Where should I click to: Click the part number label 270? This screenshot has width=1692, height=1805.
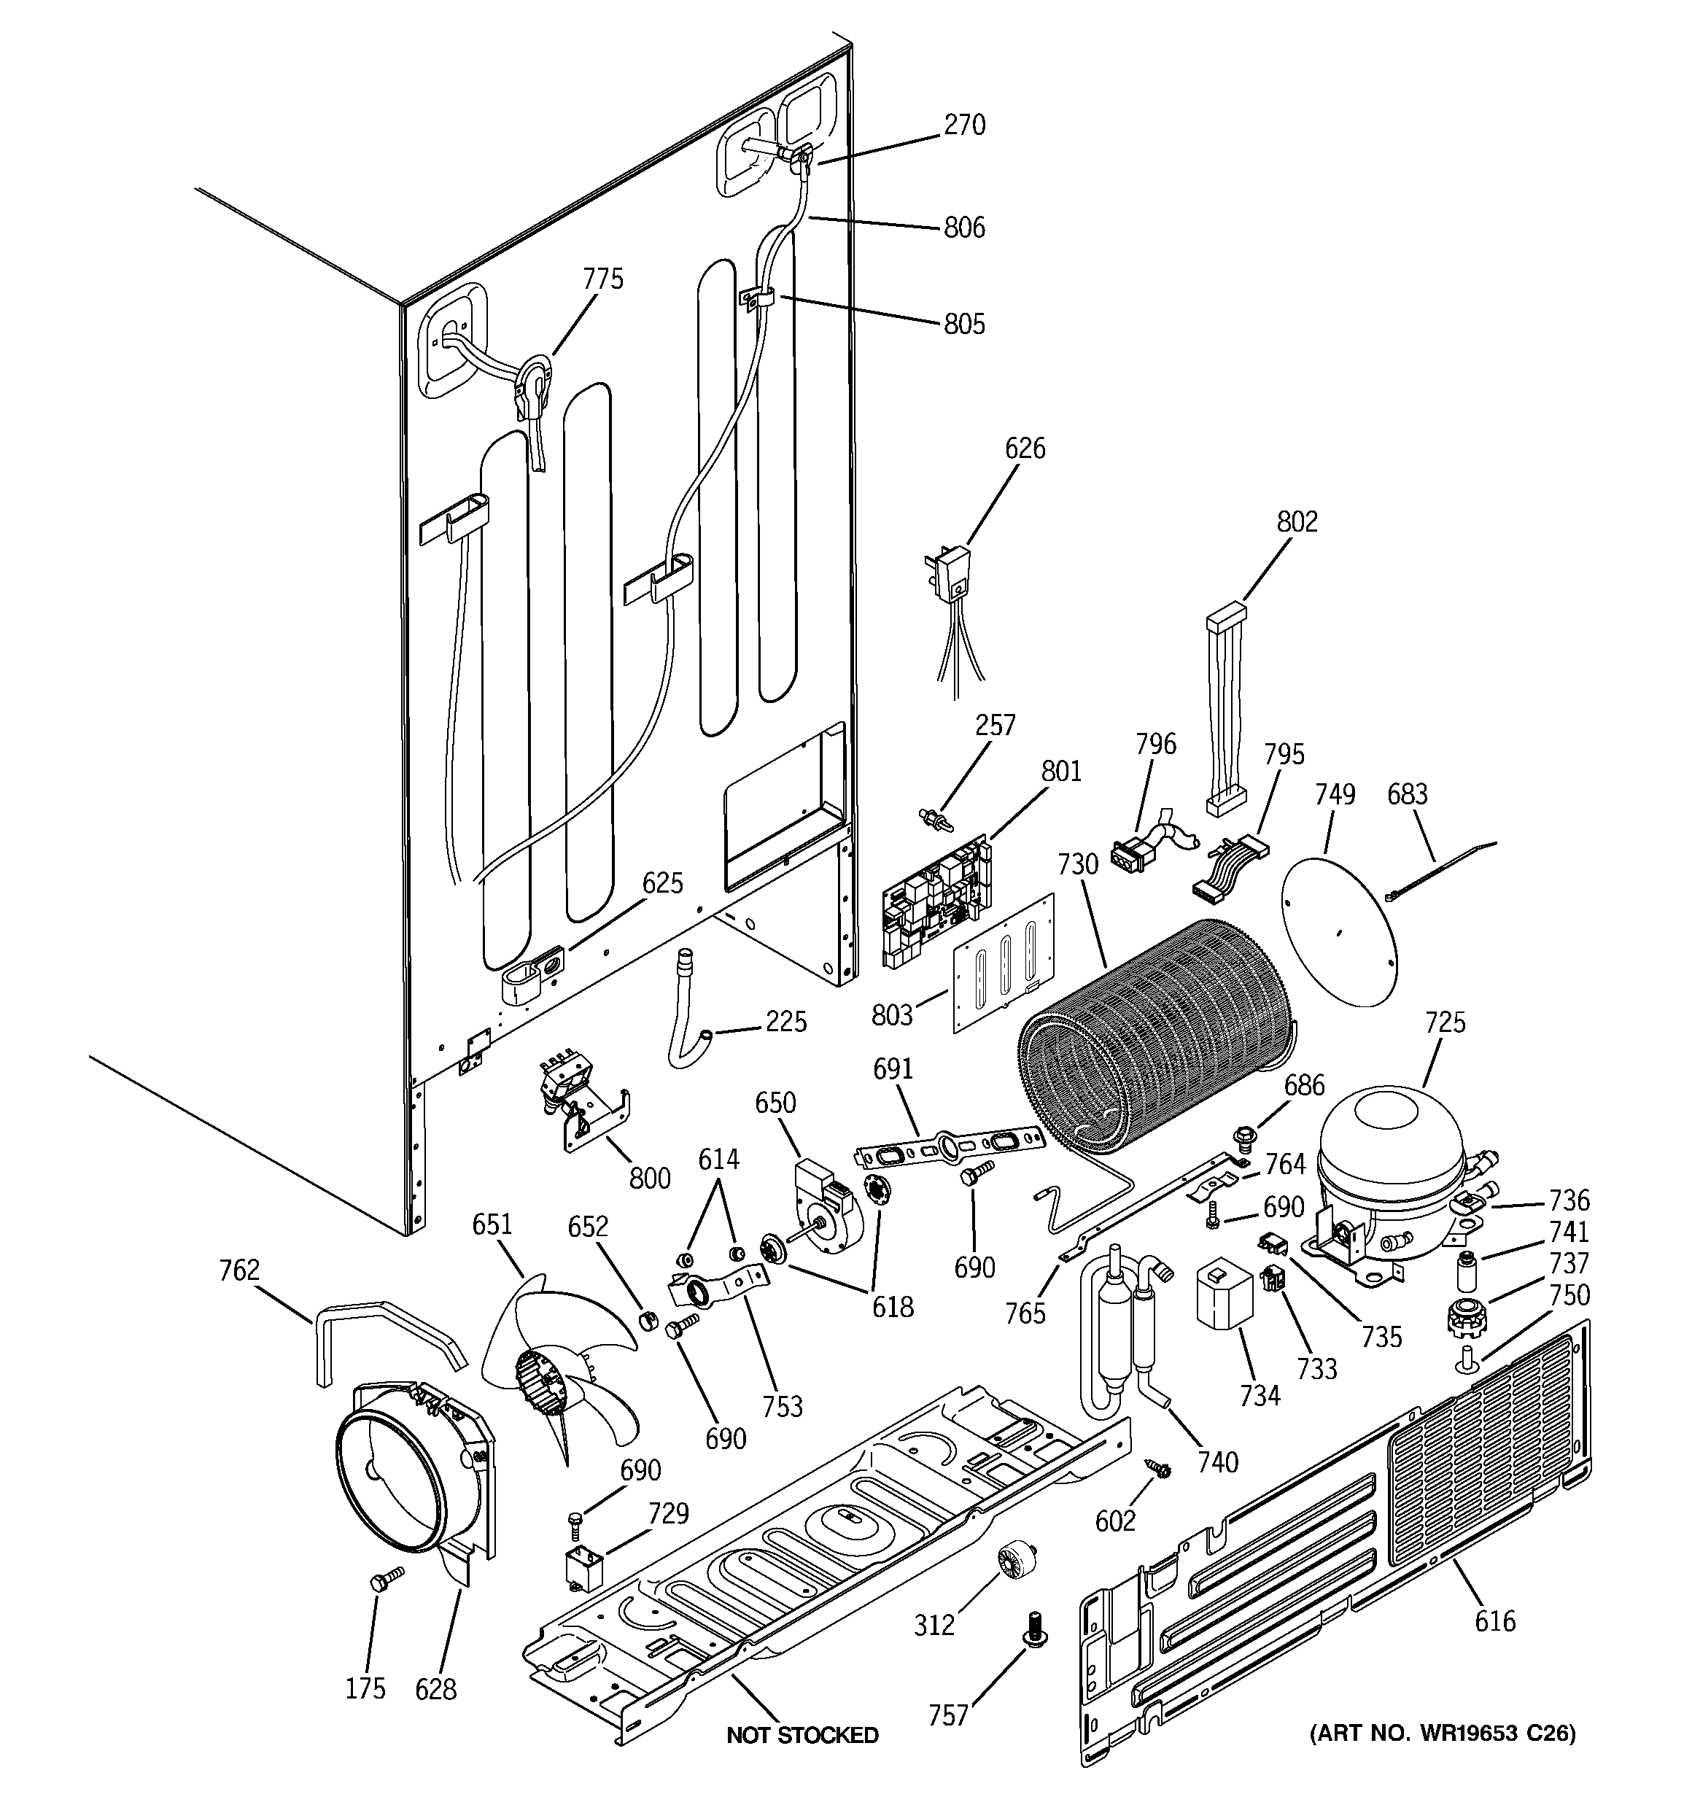(963, 125)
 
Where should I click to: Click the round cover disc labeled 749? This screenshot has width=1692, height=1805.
(1339, 934)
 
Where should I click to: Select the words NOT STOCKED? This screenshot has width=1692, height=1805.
(802, 1735)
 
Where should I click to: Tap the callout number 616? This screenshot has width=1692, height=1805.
(1495, 1620)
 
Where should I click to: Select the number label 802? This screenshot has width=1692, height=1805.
(1296, 521)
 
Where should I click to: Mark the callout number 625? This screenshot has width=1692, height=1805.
(662, 882)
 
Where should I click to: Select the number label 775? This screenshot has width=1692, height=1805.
(603, 279)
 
